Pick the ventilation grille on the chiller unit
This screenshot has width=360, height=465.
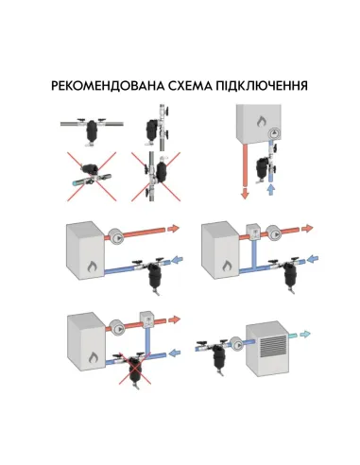[x=269, y=346]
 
